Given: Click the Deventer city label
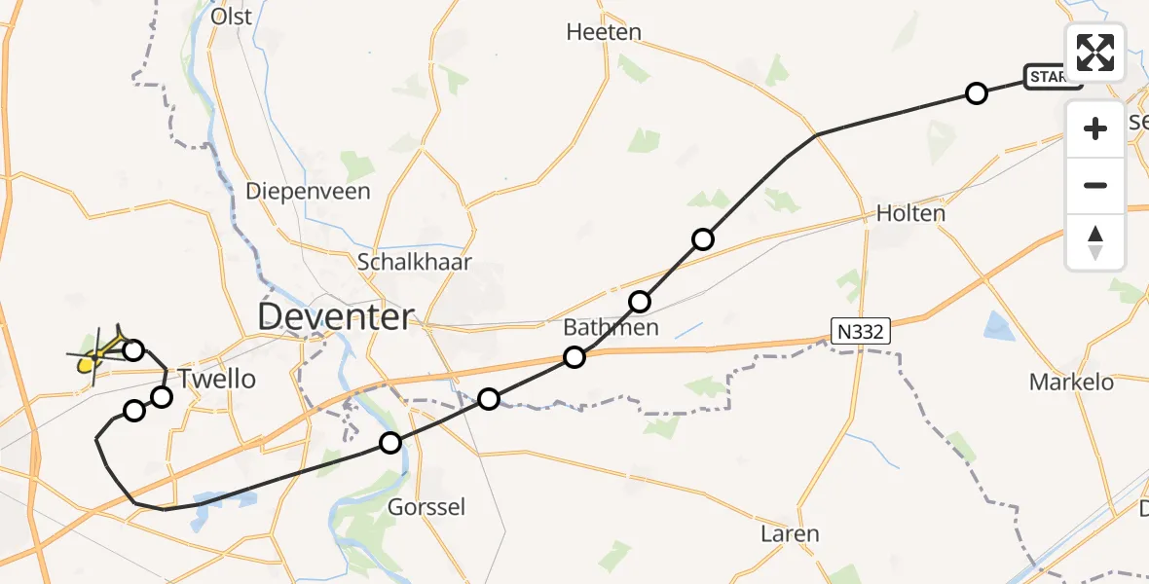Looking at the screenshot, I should tap(336, 316).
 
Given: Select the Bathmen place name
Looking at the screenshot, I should tap(612, 327).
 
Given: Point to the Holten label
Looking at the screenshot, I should tap(910, 212).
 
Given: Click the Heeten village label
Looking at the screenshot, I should tap(604, 32).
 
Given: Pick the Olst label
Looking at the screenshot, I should tap(231, 16).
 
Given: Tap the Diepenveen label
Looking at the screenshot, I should tap(308, 191).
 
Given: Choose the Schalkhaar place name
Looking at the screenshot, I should tap(415, 262).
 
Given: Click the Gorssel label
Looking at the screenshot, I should tap(426, 507).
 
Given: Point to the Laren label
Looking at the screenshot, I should tap(790, 533).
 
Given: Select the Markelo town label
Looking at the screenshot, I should tap(1071, 383).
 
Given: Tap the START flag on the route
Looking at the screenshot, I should tap(1051, 77).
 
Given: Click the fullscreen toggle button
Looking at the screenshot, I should tap(1095, 52).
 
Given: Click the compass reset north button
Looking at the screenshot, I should tap(1095, 241).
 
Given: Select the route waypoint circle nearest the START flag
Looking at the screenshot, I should tap(976, 93).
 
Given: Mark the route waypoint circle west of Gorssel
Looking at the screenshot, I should tap(390, 443).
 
